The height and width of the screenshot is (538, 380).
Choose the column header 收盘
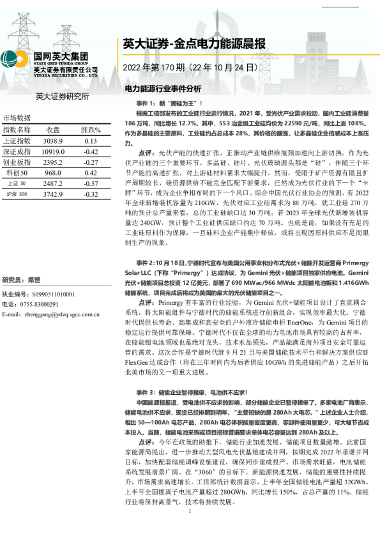53,130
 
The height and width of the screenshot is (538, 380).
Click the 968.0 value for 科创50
53,173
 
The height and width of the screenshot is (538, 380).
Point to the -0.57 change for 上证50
90,183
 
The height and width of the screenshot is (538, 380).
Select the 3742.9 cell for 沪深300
53,194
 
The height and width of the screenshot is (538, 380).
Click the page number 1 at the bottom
190,529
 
